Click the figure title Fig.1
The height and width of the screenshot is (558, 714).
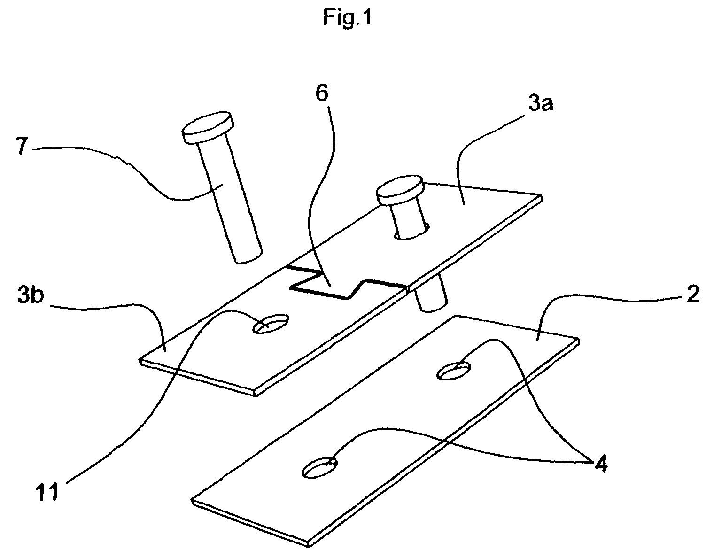347,17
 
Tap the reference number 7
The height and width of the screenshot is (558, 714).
22,146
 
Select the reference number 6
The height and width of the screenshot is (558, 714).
322,93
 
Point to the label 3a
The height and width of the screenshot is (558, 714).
540,104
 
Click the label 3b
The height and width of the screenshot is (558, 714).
31,295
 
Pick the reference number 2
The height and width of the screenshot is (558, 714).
693,294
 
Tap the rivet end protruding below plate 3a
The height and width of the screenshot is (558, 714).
430,298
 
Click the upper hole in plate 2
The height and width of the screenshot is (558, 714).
453,371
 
